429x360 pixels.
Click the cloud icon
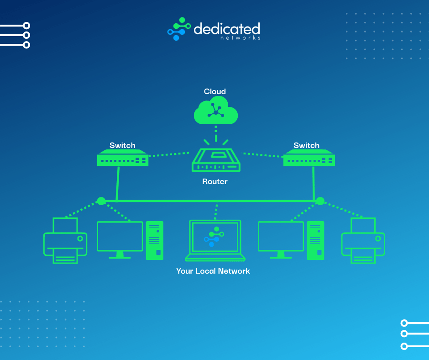coord(215,111)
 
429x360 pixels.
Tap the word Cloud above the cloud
coord(215,92)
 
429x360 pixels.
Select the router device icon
coord(216,160)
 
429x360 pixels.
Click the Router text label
coord(215,182)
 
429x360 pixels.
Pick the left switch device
coord(123,159)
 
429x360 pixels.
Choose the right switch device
coord(309,159)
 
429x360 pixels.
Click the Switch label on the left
coord(122,145)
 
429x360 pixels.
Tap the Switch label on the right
coord(306,145)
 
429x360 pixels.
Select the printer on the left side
coord(65,241)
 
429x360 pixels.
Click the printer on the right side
coord(363,241)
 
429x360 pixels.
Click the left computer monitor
coord(120,239)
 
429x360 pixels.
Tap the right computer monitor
coord(281,239)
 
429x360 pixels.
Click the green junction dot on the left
coord(101,201)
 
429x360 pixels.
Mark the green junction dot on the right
coord(320,201)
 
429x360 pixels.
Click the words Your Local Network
coord(213,271)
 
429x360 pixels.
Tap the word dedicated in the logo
coord(227,29)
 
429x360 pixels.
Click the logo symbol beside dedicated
coord(179,29)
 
